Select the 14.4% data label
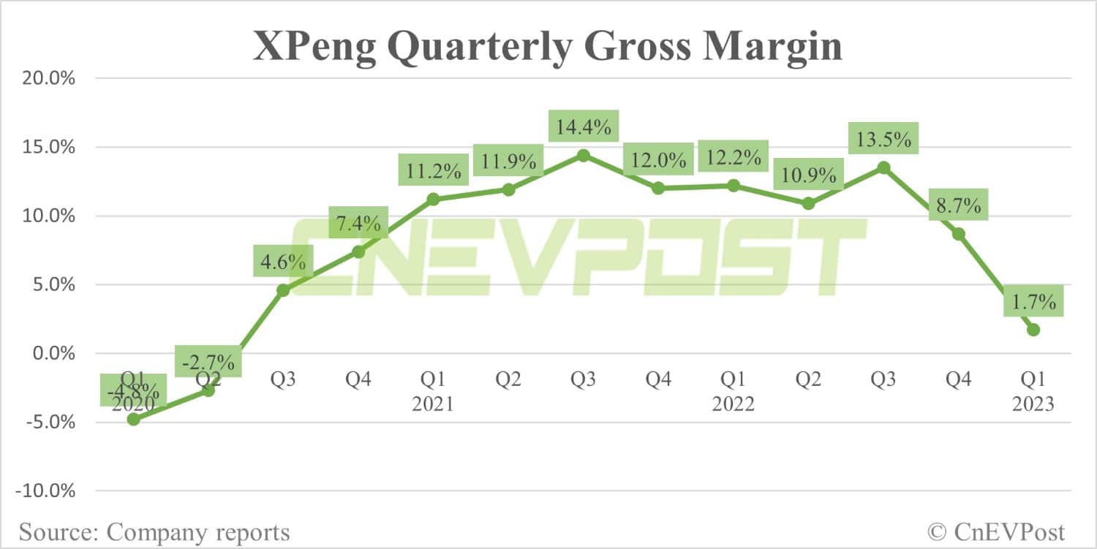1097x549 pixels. coord(583,127)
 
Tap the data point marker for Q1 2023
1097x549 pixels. coord(1033,330)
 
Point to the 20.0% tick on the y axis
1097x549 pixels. coord(46,78)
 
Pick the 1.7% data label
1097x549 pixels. coord(1033,301)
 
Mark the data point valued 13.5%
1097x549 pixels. coord(883,167)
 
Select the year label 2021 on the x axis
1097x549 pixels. coord(432,404)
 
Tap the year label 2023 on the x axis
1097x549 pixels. coord(1033,404)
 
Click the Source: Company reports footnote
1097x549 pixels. coord(154,531)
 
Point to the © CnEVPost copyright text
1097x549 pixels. coord(996,531)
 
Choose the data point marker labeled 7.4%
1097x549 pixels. coord(358,251)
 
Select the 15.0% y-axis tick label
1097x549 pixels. coord(46,147)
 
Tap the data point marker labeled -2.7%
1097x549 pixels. coord(208,390)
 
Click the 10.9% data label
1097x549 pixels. coord(808,175)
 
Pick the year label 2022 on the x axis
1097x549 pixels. coord(733,404)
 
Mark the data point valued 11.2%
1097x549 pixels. coord(433,199)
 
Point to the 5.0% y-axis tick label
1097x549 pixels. coord(50,284)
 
